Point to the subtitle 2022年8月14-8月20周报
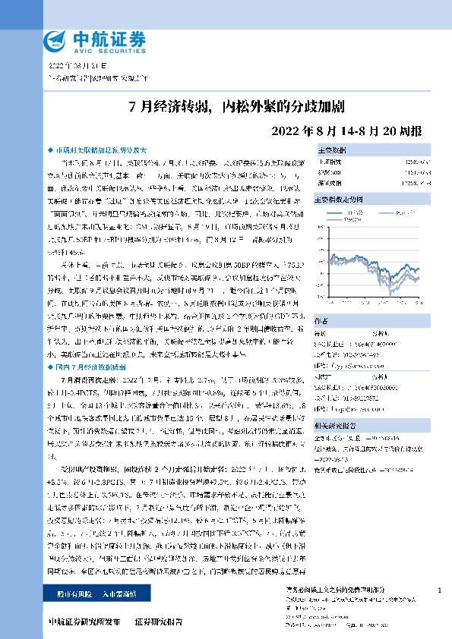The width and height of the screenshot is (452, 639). click(x=346, y=129)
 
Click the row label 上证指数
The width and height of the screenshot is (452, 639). click(x=330, y=161)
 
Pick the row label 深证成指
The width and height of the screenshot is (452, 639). click(x=330, y=182)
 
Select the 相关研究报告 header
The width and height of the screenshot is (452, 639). click(x=338, y=427)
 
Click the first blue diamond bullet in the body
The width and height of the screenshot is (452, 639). click(x=51, y=151)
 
